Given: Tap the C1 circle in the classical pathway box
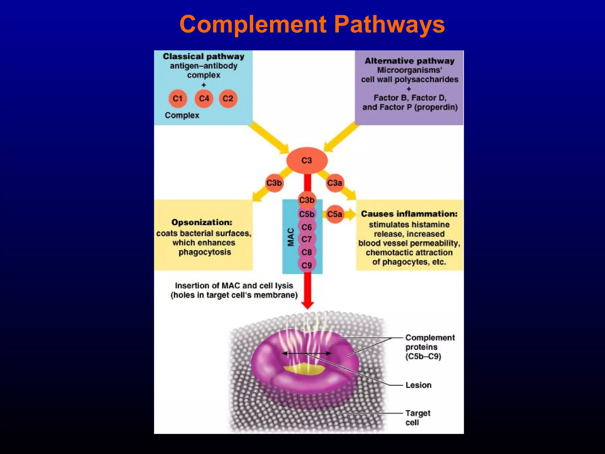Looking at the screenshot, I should coord(178,98).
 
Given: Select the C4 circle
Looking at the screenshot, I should coord(204,98).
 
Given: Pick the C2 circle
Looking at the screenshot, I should coord(228,98).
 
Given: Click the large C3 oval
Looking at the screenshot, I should coord(307,160).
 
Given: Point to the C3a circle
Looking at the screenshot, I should coord(335,183).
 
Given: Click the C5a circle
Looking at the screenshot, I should coord(335,214).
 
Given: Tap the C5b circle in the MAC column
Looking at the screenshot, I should coord(307,214).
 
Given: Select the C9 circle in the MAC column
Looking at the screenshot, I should coord(307,265).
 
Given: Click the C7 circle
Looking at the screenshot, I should coord(307,239).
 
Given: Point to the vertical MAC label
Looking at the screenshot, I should coord(291,237).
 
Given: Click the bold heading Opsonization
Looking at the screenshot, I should coord(202,222).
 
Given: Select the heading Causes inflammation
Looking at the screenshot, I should coord(409,214).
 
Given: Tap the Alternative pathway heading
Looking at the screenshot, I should coord(409,61).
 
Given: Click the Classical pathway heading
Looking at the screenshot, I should coord(204,56).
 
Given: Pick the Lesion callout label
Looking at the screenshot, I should coord(418,385).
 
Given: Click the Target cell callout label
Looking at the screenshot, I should coord(417,417).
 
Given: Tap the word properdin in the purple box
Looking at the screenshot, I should coord(436,107).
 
